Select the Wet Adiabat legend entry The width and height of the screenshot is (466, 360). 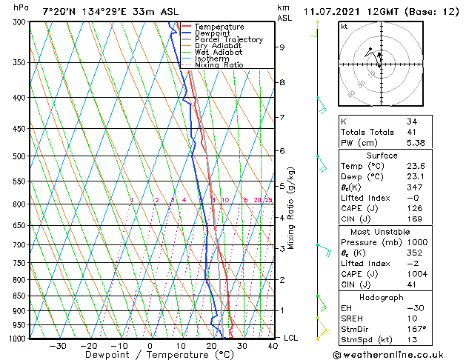[x=218, y=52]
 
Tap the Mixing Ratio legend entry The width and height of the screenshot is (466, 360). [x=219, y=65]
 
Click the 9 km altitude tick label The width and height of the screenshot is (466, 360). [x=282, y=47]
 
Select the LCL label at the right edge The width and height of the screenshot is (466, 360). [x=291, y=338]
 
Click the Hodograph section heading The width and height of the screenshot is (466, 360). [x=382, y=296]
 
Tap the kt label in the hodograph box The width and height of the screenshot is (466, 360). [x=344, y=27]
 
